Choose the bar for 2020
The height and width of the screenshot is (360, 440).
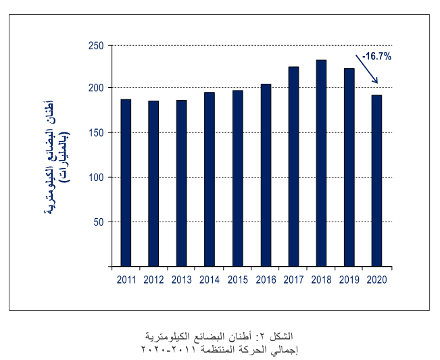coord(377,180)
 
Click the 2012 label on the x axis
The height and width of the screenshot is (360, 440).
coord(154,280)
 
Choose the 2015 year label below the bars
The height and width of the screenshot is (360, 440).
coord(237,280)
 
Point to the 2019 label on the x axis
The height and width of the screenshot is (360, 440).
coord(349,280)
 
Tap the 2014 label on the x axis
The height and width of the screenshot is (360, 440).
coord(210,280)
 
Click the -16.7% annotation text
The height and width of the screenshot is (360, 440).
coord(376,57)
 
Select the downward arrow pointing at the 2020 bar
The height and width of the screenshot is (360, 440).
coord(367,70)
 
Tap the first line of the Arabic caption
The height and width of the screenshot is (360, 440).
coord(220,336)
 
